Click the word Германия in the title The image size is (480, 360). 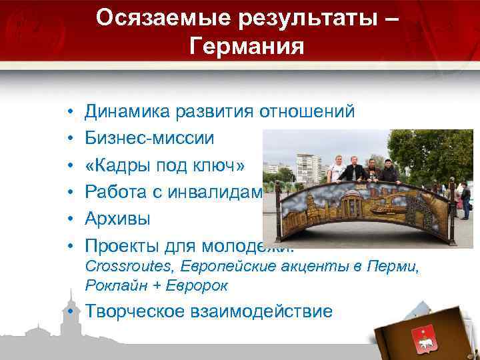click(247, 47)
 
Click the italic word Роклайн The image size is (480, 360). click(110, 285)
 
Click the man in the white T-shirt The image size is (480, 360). click(338, 169)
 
